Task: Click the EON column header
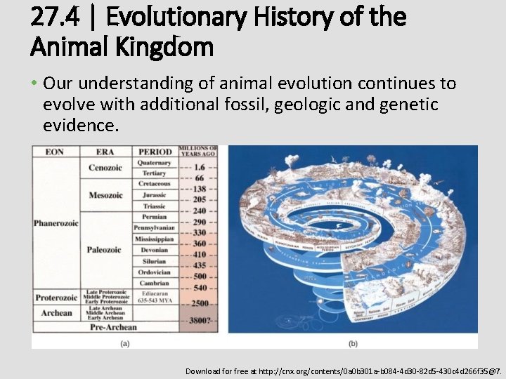click(55, 152)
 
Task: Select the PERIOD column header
click(155, 152)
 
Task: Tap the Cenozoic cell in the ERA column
click(105, 168)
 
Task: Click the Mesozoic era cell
click(105, 195)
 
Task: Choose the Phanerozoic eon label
click(56, 223)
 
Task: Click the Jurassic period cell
click(155, 195)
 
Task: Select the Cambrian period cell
click(155, 284)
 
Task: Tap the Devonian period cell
click(155, 251)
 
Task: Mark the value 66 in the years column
click(199, 179)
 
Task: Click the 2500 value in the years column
click(199, 302)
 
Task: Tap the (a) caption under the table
click(124, 343)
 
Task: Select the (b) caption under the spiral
click(352, 343)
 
